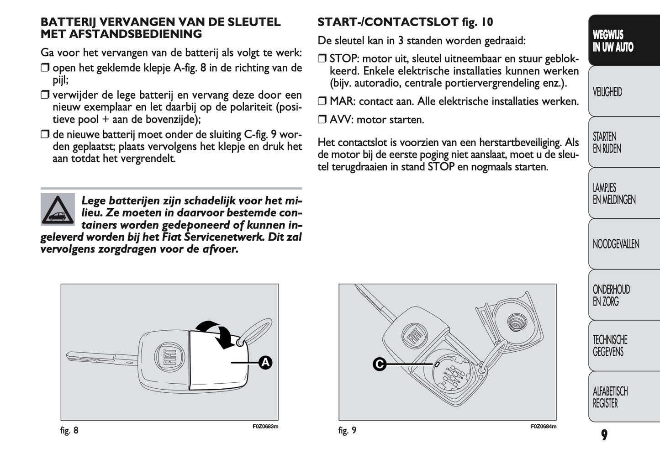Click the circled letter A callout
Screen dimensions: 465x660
(x=265, y=363)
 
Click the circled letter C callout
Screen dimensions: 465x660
(x=380, y=364)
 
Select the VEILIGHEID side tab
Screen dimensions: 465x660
(x=607, y=92)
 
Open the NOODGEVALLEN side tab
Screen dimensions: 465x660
(x=616, y=244)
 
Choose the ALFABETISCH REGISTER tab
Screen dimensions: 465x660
(x=610, y=397)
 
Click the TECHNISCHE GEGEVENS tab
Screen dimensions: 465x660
(x=610, y=346)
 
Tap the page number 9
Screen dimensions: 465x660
(x=604, y=435)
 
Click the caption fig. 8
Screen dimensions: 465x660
(x=69, y=430)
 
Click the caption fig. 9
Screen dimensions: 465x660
(x=347, y=430)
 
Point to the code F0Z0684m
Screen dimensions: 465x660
(x=544, y=427)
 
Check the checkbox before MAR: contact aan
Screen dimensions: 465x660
(x=322, y=101)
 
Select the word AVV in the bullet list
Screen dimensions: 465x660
(x=340, y=120)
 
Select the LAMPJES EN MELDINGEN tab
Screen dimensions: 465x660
(x=614, y=194)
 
